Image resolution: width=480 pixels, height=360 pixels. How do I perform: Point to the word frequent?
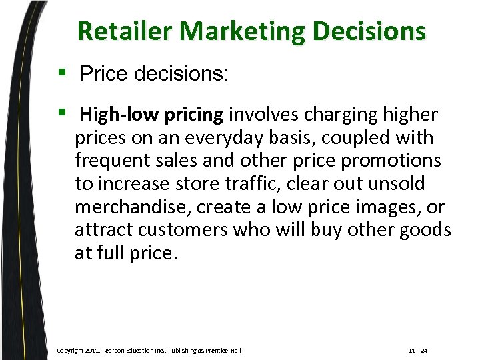tap(106, 161)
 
